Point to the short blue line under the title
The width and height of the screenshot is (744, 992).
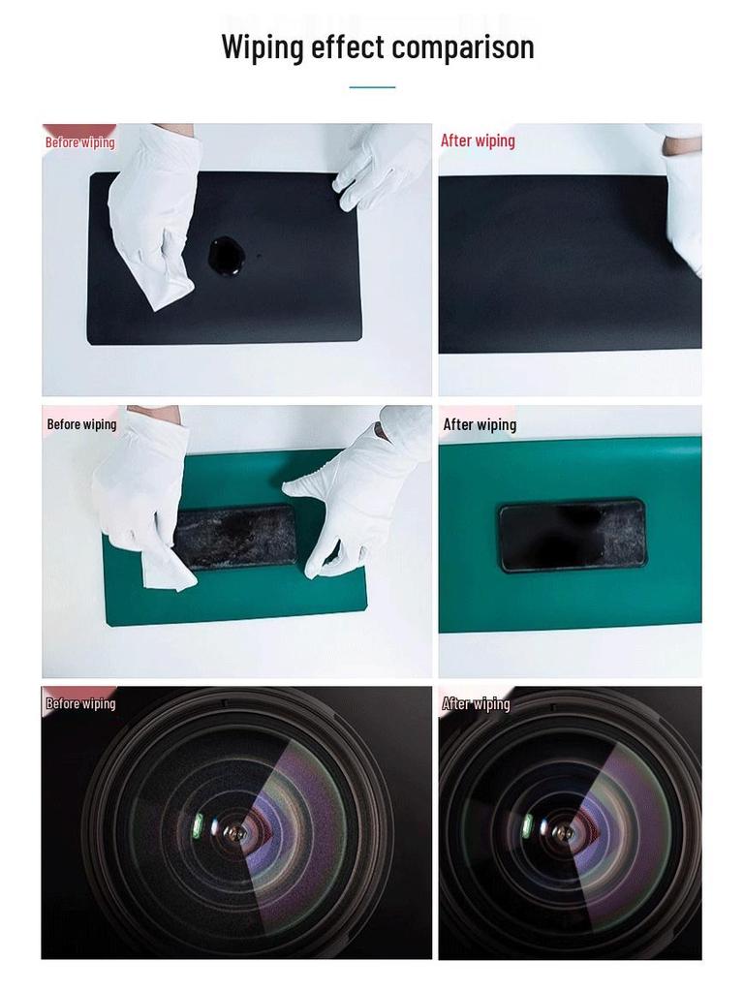click(372, 87)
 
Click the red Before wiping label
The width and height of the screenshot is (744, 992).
click(79, 142)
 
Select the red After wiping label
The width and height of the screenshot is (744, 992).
click(478, 140)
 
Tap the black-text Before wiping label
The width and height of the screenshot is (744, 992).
click(81, 424)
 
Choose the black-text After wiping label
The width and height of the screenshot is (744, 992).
click(480, 424)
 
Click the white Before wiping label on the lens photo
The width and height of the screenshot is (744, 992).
click(80, 703)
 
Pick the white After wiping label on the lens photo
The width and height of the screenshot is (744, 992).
click(476, 703)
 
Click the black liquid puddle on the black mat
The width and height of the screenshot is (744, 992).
click(229, 255)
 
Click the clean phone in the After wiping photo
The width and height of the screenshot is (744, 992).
click(572, 535)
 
